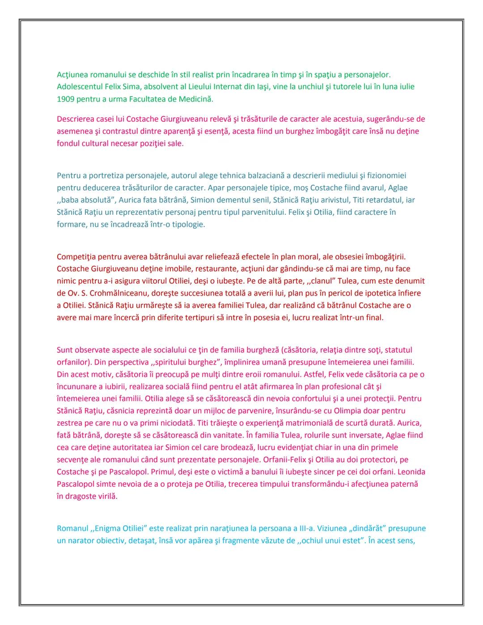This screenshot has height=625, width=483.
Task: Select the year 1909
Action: pos(65,99)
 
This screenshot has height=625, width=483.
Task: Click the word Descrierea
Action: pos(76,119)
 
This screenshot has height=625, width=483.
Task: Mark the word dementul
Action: pos(197,200)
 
